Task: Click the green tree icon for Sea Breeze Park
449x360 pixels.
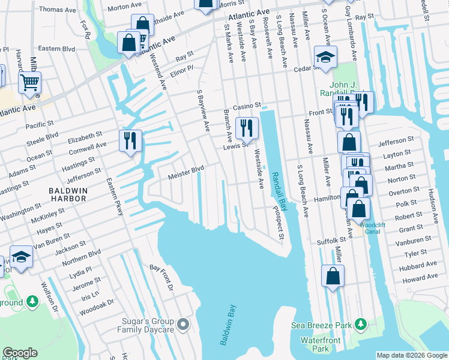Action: pos(361,325)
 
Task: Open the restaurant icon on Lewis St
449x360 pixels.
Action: pos(246,127)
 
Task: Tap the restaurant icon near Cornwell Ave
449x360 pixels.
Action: pos(130,140)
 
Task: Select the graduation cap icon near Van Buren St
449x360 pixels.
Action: pos(21,256)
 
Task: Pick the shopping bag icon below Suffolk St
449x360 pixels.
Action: pos(333,276)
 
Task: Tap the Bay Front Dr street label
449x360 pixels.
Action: pos(161,279)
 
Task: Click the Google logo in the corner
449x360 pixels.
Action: pos(20,353)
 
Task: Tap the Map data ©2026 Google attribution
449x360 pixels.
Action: pos(412,355)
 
